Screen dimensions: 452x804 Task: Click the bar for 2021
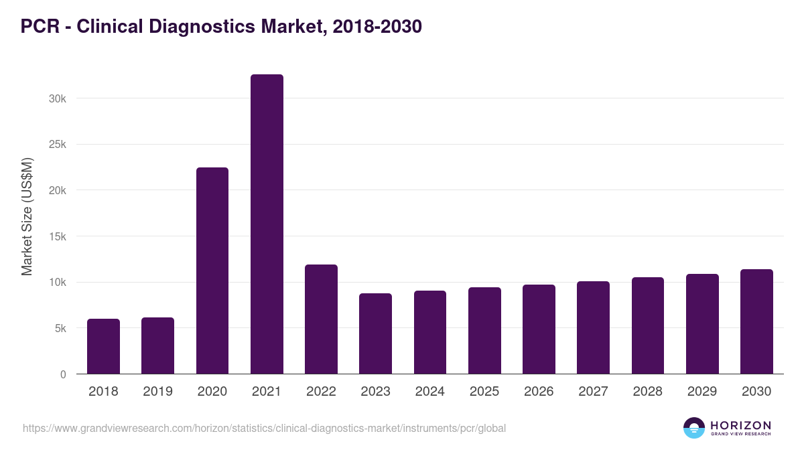click(267, 224)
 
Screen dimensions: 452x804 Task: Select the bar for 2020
click(212, 271)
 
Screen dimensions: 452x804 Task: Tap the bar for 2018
click(103, 346)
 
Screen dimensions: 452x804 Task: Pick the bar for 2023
click(375, 333)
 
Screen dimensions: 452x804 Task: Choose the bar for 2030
click(756, 321)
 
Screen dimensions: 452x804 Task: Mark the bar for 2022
click(321, 319)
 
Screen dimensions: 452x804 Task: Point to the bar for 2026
click(539, 329)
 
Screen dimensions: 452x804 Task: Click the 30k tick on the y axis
click(58, 98)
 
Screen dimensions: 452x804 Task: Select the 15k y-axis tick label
click(58, 236)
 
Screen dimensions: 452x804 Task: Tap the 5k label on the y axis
click(60, 328)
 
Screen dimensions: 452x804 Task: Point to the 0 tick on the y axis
click(63, 374)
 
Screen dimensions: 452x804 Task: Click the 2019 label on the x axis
click(157, 392)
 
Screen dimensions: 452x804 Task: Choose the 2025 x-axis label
click(484, 392)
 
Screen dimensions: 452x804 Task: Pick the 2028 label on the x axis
click(648, 392)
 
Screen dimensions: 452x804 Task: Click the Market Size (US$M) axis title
click(27, 216)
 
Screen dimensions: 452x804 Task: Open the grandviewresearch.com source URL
click(264, 428)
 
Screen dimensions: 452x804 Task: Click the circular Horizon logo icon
click(694, 428)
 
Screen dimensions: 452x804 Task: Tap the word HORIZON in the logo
click(740, 425)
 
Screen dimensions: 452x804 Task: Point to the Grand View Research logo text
click(740, 435)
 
